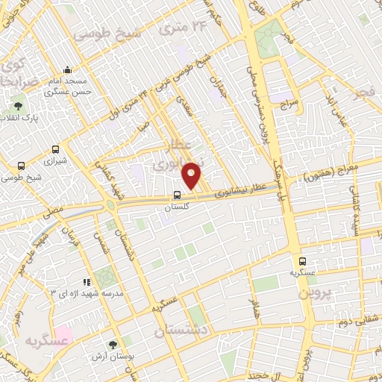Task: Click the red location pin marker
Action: (192, 175)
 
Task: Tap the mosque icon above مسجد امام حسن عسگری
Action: (68, 69)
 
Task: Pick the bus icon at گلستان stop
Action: (176, 195)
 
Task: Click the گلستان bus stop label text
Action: (176, 207)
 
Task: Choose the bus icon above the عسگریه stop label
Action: (302, 262)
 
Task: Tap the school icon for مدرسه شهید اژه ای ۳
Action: (87, 282)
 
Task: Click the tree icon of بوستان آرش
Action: (113, 344)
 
